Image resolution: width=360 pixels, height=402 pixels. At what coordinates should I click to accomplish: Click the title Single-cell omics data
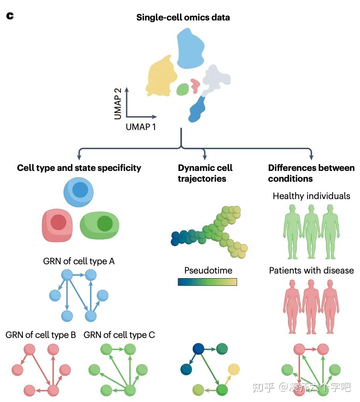pyautogui.click(x=183, y=17)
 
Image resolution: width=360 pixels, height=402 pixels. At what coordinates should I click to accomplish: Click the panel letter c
pyautogui.click(x=10, y=16)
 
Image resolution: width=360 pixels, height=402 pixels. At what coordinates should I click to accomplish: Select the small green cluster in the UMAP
pyautogui.click(x=182, y=90)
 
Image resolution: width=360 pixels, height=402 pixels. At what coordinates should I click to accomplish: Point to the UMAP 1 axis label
pyautogui.click(x=141, y=127)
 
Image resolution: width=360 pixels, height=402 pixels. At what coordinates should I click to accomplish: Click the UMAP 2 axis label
pyautogui.click(x=118, y=103)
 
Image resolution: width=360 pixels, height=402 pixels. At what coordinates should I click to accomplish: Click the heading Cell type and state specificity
pyautogui.click(x=79, y=168)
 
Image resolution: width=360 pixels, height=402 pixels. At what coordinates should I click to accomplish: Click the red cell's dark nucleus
pyautogui.click(x=59, y=223)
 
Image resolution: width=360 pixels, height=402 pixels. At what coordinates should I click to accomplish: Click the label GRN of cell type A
pyautogui.click(x=79, y=261)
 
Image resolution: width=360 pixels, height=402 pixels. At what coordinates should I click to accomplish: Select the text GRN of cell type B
pyautogui.click(x=40, y=334)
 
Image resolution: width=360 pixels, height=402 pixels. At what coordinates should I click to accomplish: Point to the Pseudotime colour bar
pyautogui.click(x=207, y=282)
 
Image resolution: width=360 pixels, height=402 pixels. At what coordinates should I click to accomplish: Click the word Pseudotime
pyautogui.click(x=208, y=270)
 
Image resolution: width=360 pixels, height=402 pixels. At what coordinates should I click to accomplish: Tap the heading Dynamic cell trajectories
pyautogui.click(x=205, y=173)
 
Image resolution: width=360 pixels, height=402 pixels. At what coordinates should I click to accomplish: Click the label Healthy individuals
pyautogui.click(x=311, y=196)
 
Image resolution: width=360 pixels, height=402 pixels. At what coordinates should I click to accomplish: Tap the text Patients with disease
pyautogui.click(x=311, y=270)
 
